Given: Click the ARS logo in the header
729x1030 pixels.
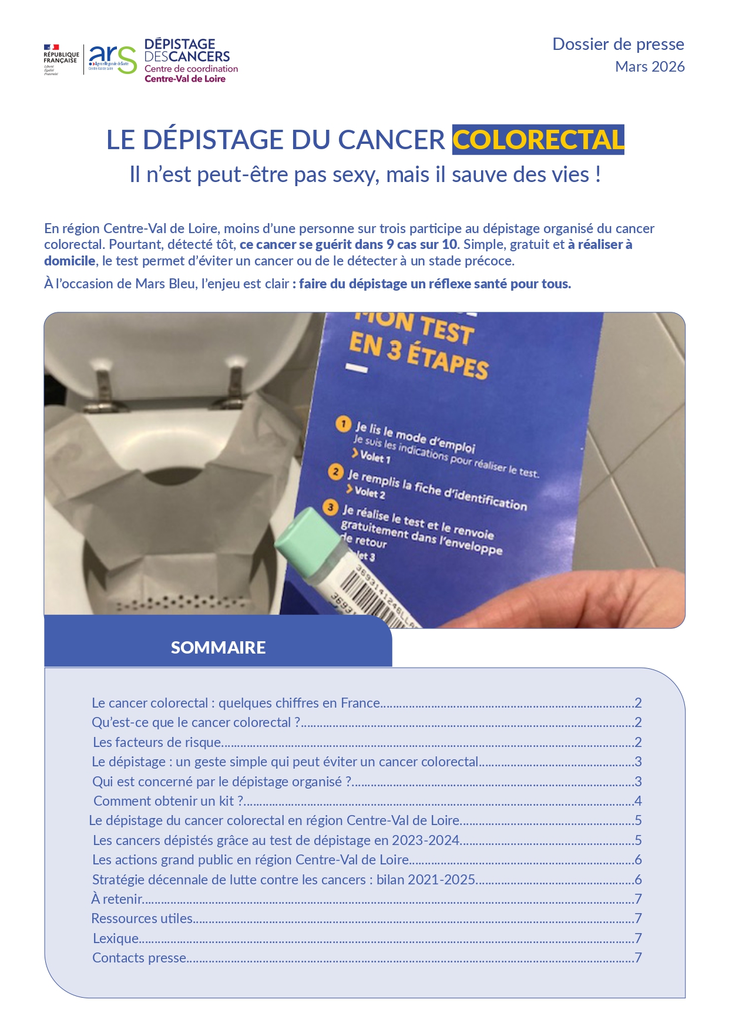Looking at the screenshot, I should (x=112, y=59).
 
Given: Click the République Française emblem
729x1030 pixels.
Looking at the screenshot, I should (x=61, y=59).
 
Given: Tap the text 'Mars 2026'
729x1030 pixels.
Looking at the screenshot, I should (x=650, y=67).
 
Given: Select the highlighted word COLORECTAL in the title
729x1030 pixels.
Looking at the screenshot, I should (x=537, y=140).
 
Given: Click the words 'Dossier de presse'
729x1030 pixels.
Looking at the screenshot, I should (x=618, y=45).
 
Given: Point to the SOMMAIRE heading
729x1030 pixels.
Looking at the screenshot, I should (x=218, y=647).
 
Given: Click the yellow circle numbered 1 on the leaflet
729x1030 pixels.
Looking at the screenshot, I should (x=343, y=424).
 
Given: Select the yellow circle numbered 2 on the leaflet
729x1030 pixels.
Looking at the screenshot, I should (x=335, y=472).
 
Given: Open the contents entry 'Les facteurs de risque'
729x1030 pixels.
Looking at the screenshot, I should (x=157, y=742).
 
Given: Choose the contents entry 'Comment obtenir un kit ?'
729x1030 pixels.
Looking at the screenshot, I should (x=168, y=801).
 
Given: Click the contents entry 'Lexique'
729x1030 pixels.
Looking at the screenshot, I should (x=116, y=938).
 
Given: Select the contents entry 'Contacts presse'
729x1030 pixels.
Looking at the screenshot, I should (x=139, y=958).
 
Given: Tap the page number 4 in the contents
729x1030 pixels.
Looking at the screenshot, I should (x=638, y=801).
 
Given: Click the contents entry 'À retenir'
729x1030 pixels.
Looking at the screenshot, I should (x=117, y=899).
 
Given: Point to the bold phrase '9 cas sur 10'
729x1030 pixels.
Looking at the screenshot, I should (x=421, y=245).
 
